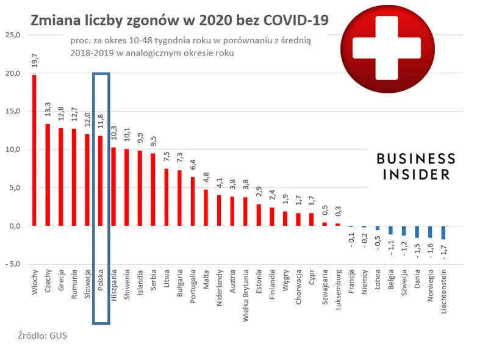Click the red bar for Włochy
(x=34, y=150)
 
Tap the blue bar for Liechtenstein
(x=443, y=232)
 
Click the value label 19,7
(x=35, y=61)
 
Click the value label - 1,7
(x=443, y=252)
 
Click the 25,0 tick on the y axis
(x=12, y=35)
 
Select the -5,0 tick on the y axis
(x=12, y=264)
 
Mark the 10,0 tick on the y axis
(x=12, y=149)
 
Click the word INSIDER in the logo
(x=415, y=175)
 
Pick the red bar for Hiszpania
(x=113, y=187)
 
